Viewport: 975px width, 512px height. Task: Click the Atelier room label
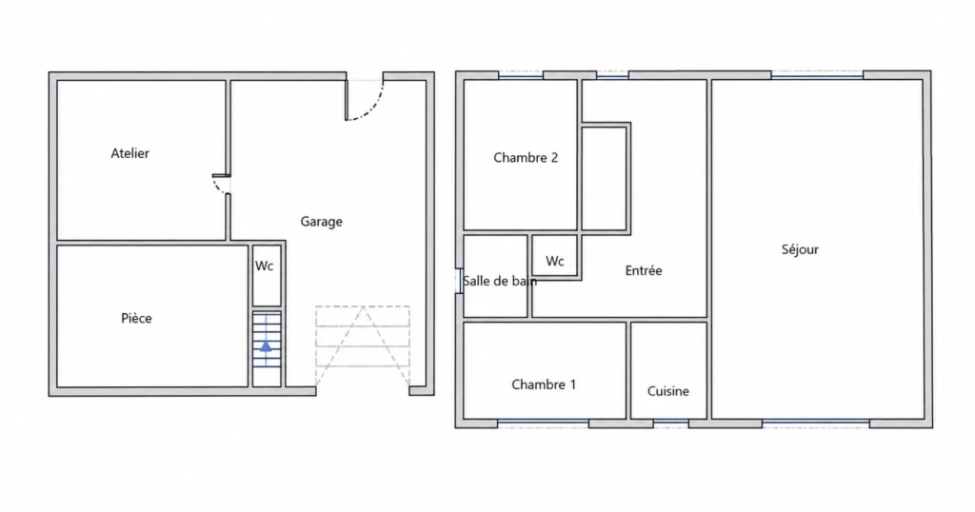(x=129, y=153)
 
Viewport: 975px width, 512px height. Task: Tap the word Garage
(x=322, y=222)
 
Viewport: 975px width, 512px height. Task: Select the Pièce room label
(x=136, y=318)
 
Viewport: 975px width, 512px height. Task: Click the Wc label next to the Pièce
(x=265, y=266)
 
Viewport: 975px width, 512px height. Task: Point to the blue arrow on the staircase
(x=266, y=346)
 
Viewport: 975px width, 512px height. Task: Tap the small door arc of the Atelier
(x=219, y=186)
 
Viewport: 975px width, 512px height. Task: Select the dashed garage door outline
(x=363, y=345)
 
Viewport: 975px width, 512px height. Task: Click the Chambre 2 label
(x=526, y=158)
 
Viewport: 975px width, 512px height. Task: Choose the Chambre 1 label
(x=544, y=384)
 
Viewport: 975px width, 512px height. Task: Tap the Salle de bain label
(x=500, y=281)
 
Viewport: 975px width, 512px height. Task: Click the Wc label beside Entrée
(x=555, y=261)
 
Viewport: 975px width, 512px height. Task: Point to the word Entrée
(x=644, y=270)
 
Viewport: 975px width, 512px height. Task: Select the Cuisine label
(x=667, y=391)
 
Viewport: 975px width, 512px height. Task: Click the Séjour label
(x=800, y=249)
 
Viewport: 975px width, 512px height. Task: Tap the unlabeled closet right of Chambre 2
(x=604, y=178)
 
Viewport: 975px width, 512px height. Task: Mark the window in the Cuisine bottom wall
(x=671, y=423)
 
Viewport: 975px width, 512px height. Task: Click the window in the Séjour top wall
(x=818, y=75)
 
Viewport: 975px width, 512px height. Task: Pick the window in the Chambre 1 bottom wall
(x=544, y=423)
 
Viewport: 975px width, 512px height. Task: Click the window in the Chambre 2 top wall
(x=521, y=75)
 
